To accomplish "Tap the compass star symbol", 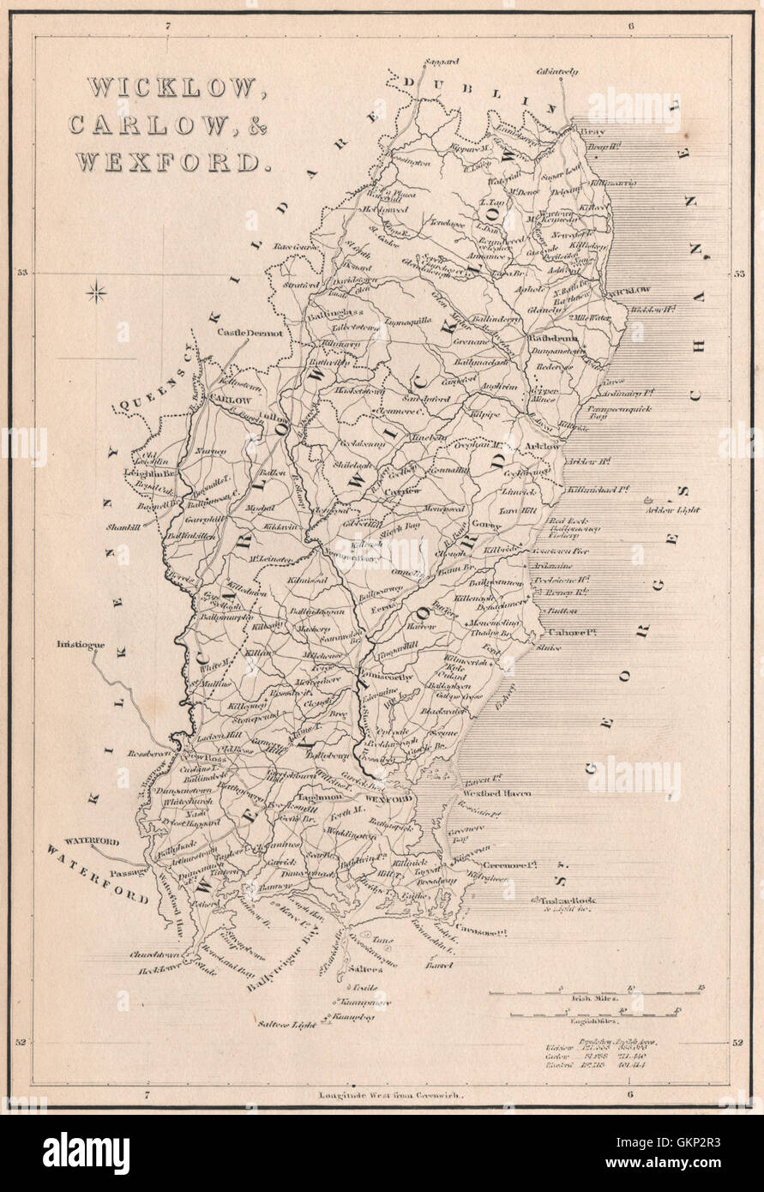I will (x=97, y=293).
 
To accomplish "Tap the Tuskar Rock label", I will (x=567, y=901).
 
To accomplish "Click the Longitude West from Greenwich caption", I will (x=390, y=1095).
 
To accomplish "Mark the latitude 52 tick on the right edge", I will (x=737, y=1043).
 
